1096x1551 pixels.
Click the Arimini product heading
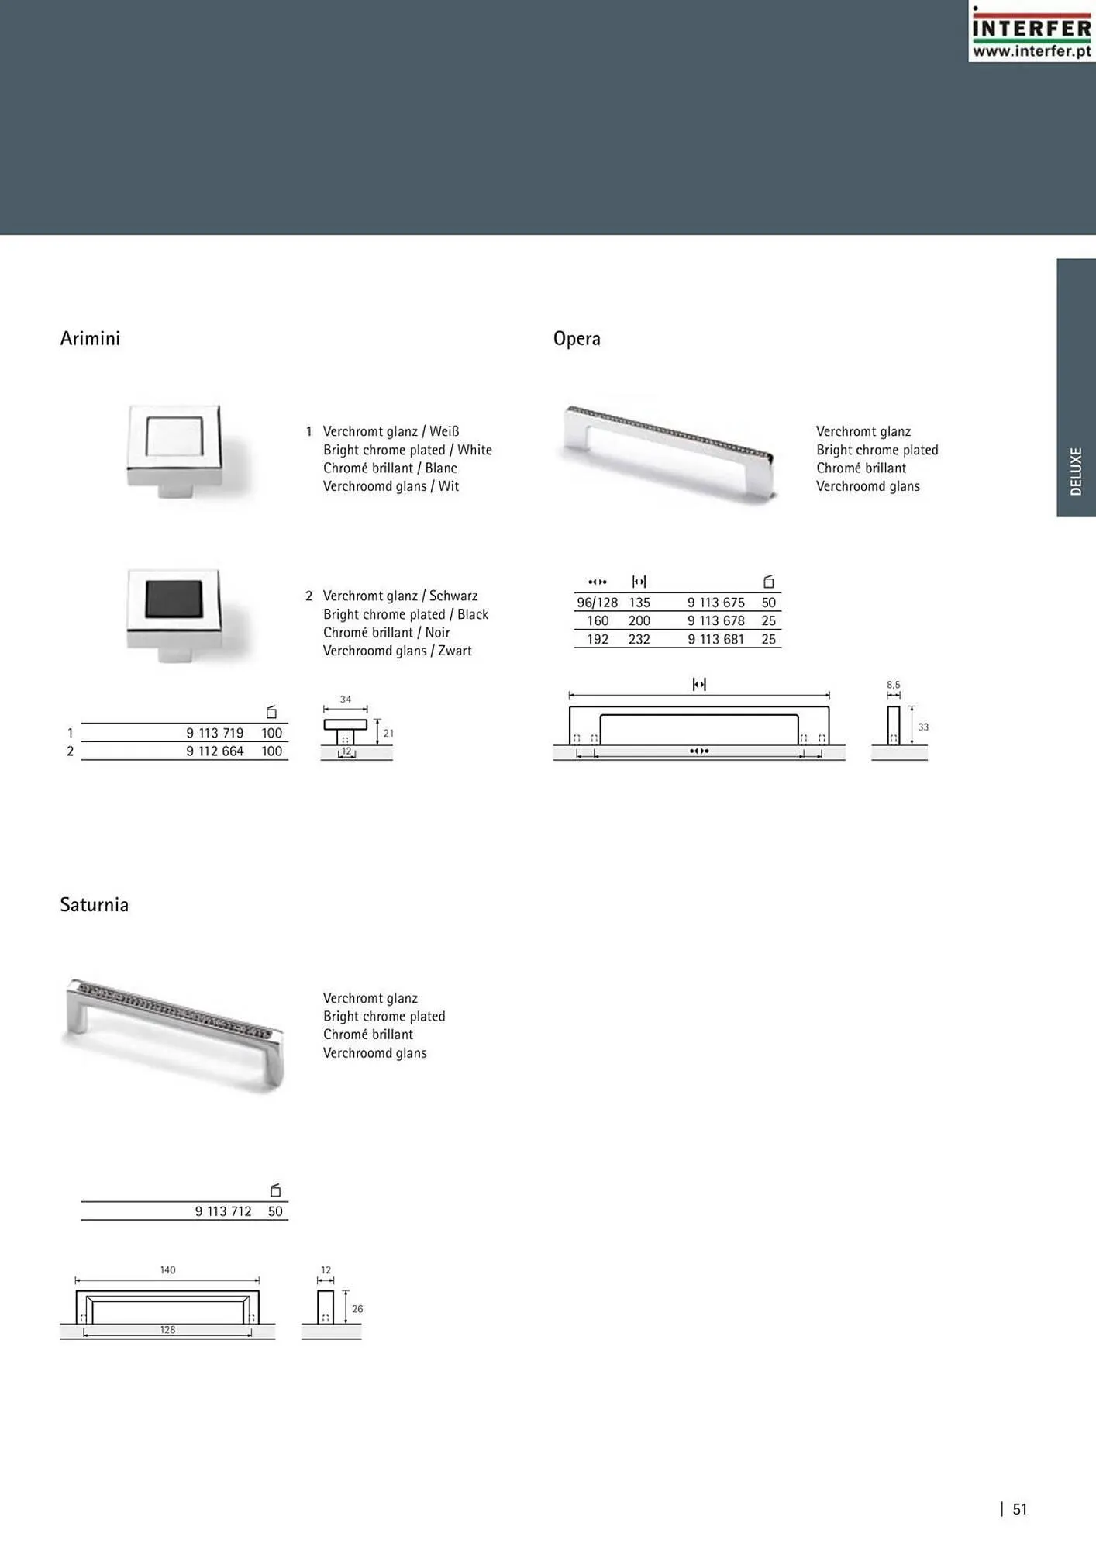pyautogui.click(x=90, y=339)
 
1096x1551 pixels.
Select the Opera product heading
pyautogui.click(x=577, y=339)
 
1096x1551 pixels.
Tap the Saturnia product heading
pyautogui.click(x=94, y=905)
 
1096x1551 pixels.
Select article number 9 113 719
pyautogui.click(x=215, y=733)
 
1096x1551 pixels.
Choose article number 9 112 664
pyautogui.click(x=215, y=751)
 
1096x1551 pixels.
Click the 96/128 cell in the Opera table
pyautogui.click(x=597, y=603)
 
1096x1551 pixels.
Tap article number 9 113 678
pyautogui.click(x=715, y=621)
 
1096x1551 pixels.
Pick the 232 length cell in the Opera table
pyautogui.click(x=639, y=640)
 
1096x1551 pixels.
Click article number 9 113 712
pyautogui.click(x=223, y=1211)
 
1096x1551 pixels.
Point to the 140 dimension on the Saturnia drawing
pyautogui.click(x=167, y=1270)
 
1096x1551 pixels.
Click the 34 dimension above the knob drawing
pyautogui.click(x=346, y=700)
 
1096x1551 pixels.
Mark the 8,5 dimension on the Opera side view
pyautogui.click(x=894, y=685)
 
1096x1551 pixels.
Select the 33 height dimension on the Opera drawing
pyautogui.click(x=923, y=727)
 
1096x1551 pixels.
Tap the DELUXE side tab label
pyautogui.click(x=1076, y=471)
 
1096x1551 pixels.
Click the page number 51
pyautogui.click(x=1019, y=1509)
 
